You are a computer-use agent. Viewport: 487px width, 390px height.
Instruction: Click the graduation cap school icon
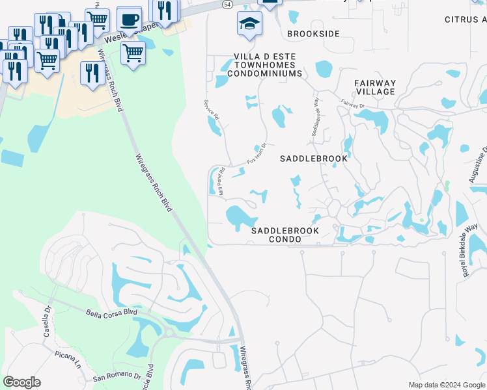(x=249, y=24)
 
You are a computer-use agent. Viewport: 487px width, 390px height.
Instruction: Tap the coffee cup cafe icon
(x=129, y=18)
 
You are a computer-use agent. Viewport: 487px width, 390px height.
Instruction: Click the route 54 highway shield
(x=226, y=4)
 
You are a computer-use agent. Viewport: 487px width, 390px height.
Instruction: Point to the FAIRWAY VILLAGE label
(x=375, y=87)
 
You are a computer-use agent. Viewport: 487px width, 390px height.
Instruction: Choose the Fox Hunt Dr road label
(x=257, y=154)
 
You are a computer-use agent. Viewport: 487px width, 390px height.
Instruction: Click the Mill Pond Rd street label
(x=221, y=181)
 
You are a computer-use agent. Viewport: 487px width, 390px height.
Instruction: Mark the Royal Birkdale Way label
(x=471, y=251)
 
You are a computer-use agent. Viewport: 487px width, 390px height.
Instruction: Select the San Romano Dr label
(x=117, y=376)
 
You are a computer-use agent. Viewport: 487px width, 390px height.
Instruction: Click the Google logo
(x=21, y=382)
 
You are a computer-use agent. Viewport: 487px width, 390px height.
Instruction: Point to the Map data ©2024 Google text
(x=446, y=385)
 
